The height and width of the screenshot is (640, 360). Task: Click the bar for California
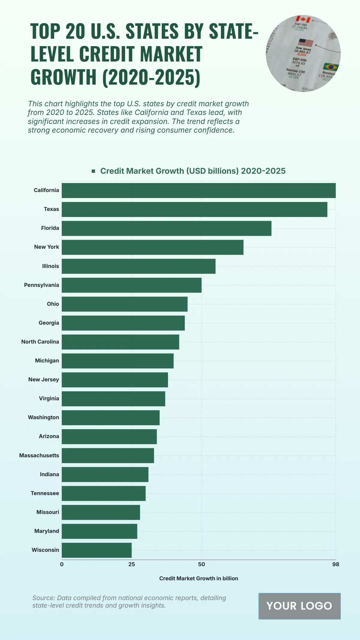(199, 191)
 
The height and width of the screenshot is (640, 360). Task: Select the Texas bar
(194, 209)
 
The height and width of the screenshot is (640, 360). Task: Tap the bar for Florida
(166, 228)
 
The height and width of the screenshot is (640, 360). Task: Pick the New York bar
(152, 247)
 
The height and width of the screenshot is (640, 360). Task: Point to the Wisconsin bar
(97, 550)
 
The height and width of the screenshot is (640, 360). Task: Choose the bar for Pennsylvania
(131, 285)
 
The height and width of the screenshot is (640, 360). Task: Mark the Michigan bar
(118, 361)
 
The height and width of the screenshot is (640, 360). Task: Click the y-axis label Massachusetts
(39, 455)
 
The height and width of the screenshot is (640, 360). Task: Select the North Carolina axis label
(40, 342)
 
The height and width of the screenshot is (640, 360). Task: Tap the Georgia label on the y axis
(49, 323)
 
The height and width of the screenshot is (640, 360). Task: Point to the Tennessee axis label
(45, 493)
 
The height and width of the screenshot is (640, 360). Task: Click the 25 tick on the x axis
(131, 564)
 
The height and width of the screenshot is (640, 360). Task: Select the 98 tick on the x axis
(335, 564)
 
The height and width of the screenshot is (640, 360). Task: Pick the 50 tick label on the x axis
(201, 564)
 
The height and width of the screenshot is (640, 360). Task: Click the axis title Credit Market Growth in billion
(199, 578)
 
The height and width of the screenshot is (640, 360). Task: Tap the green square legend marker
(93, 171)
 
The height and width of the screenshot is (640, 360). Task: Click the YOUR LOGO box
(299, 606)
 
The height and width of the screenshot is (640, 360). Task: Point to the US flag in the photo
(305, 43)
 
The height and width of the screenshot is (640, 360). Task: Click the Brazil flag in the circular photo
(330, 67)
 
